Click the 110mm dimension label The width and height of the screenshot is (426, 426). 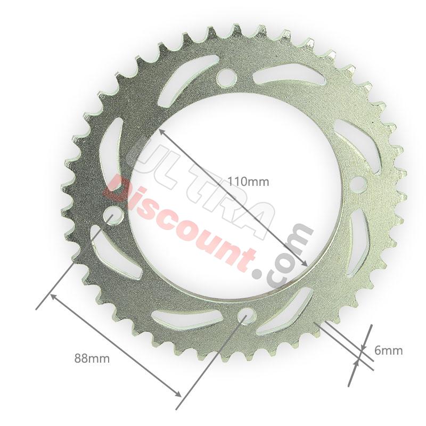(x=248, y=182)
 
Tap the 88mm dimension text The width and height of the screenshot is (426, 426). (x=92, y=358)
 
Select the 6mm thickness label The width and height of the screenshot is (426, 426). (x=388, y=350)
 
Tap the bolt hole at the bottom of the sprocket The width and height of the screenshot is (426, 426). (x=245, y=317)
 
